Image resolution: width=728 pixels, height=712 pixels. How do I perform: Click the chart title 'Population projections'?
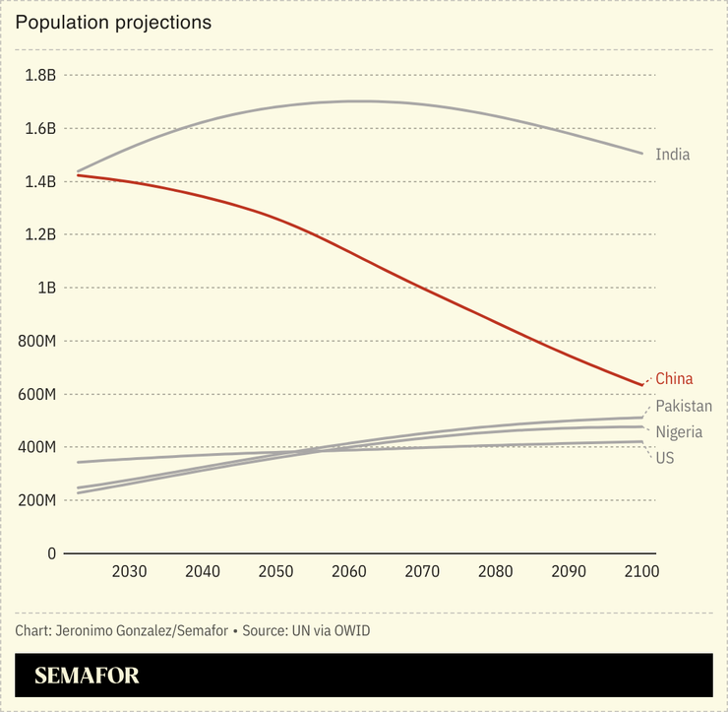pos(113,22)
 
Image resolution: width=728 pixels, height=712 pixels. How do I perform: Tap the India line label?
pos(672,155)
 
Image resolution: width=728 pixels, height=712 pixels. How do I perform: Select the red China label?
pos(674,378)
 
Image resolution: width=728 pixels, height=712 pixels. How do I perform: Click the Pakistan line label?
pos(684,406)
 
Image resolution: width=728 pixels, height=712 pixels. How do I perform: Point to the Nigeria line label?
pos(679,432)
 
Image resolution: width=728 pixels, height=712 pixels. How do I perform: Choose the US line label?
pos(665,458)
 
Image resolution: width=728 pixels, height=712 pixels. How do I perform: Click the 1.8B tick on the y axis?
pos(39,75)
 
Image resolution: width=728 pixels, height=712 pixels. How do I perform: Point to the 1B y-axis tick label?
pos(45,288)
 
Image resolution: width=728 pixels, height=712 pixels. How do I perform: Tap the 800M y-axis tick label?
pos(35,341)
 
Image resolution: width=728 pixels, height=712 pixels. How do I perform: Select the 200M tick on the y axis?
pos(35,500)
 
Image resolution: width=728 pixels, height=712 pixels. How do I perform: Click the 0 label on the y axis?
pos(51,553)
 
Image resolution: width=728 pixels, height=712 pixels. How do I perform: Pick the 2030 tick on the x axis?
pos(129,572)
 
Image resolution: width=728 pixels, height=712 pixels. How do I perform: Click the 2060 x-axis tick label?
pos(349,572)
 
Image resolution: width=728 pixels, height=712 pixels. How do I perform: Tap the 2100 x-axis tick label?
pos(641,572)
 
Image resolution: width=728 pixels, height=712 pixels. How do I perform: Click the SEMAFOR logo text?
pos(87,676)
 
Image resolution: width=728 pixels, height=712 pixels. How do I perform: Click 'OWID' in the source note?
pos(351,630)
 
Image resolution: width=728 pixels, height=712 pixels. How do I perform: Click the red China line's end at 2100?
pos(641,384)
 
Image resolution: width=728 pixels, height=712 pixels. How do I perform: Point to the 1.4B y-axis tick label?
pos(39,181)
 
